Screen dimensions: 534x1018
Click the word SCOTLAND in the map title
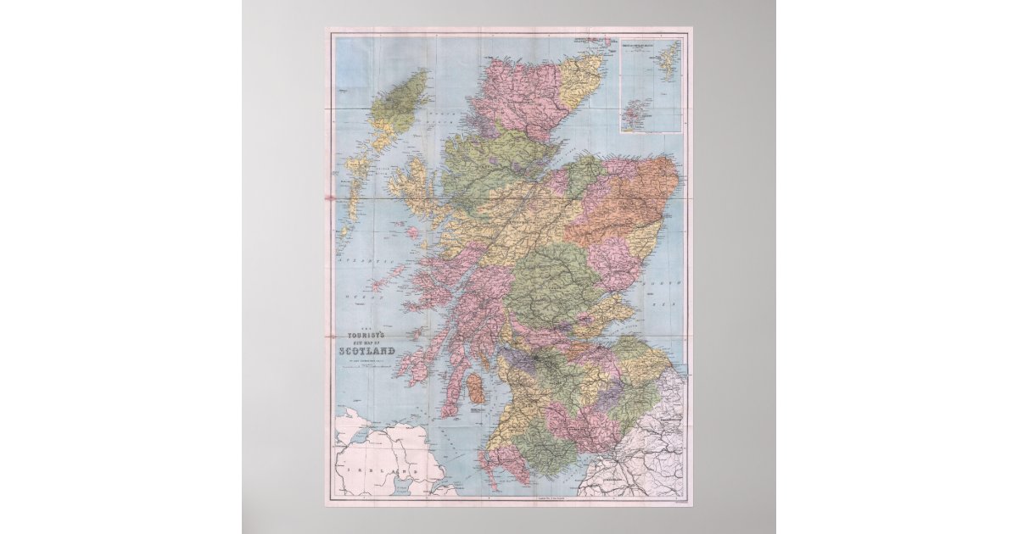pyautogui.click(x=366, y=351)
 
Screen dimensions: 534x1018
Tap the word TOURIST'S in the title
pyautogui.click(x=366, y=333)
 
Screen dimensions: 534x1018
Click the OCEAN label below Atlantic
pyautogui.click(x=355, y=298)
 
